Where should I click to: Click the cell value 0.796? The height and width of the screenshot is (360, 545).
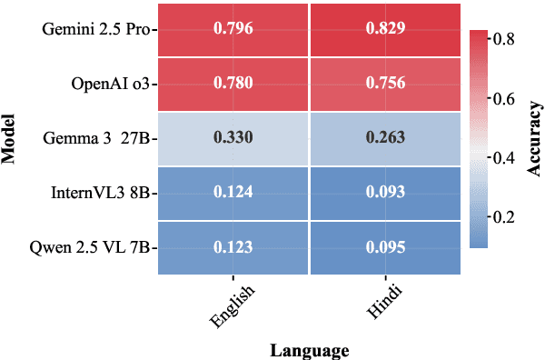233,29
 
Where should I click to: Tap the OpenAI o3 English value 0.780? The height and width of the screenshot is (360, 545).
233,84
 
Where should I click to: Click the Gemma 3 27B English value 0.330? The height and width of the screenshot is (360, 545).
233,138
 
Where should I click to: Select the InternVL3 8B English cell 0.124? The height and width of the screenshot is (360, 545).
233,192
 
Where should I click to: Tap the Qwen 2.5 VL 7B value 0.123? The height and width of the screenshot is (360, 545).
233,246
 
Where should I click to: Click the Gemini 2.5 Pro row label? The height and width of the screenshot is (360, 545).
97,29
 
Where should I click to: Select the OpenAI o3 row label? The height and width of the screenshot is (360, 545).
111,84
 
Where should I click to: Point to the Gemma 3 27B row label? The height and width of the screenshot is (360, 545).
98,138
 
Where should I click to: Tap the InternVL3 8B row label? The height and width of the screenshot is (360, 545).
103,192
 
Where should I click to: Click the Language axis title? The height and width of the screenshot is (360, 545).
309,349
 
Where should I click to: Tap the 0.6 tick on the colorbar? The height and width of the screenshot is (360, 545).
502,98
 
